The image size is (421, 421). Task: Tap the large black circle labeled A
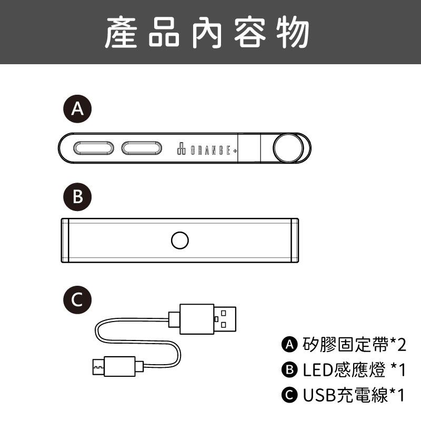[77, 108]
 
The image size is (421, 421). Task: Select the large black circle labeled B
[77, 197]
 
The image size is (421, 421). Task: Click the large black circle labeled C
[77, 299]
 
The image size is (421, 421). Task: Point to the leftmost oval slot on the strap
[94, 148]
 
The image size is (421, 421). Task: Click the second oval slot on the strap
[141, 148]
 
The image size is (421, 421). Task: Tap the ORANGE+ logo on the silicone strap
[206, 149]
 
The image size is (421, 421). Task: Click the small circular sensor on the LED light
[180, 240]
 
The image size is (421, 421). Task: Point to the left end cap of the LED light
[65, 240]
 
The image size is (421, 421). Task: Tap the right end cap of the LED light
[295, 240]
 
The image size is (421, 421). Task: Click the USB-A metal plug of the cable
[225, 318]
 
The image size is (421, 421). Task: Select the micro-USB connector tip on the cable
[97, 364]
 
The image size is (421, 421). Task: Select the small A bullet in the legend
[289, 345]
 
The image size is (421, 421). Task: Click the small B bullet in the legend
[289, 370]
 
